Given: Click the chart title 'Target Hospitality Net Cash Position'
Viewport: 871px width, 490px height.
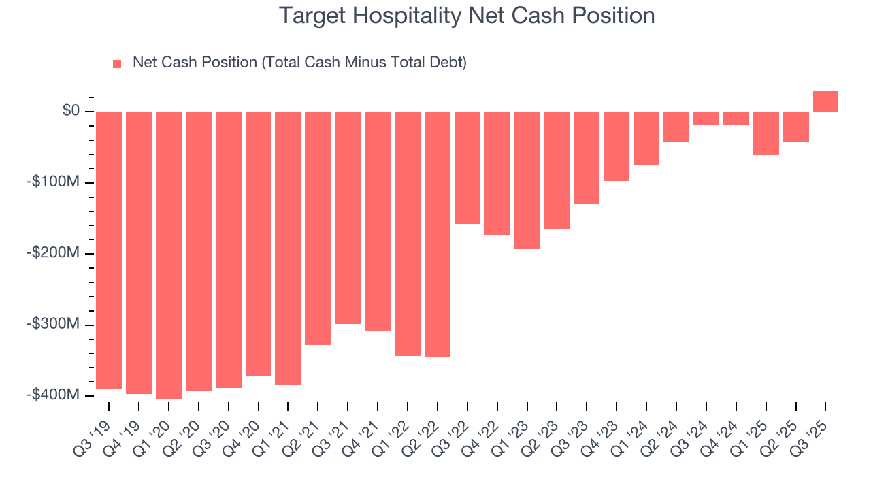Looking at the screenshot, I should point(467,16).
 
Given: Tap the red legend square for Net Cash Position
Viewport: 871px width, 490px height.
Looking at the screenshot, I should point(117,64).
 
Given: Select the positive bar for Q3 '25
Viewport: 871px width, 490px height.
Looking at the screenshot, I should point(825,101).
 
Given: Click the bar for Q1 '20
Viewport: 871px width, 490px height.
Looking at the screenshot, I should point(169,255).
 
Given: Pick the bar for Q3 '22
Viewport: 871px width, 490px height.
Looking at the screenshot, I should point(467,167).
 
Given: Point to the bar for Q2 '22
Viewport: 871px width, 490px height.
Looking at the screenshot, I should point(438,234).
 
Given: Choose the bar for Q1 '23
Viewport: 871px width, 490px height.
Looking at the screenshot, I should point(527,180).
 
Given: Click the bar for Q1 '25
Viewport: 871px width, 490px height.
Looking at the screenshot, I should point(766,133).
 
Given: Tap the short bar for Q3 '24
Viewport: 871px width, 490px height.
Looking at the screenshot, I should point(706,118).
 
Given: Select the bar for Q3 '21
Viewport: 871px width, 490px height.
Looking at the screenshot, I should point(348,217).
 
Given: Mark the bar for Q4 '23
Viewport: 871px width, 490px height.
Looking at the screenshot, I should point(617,146).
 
